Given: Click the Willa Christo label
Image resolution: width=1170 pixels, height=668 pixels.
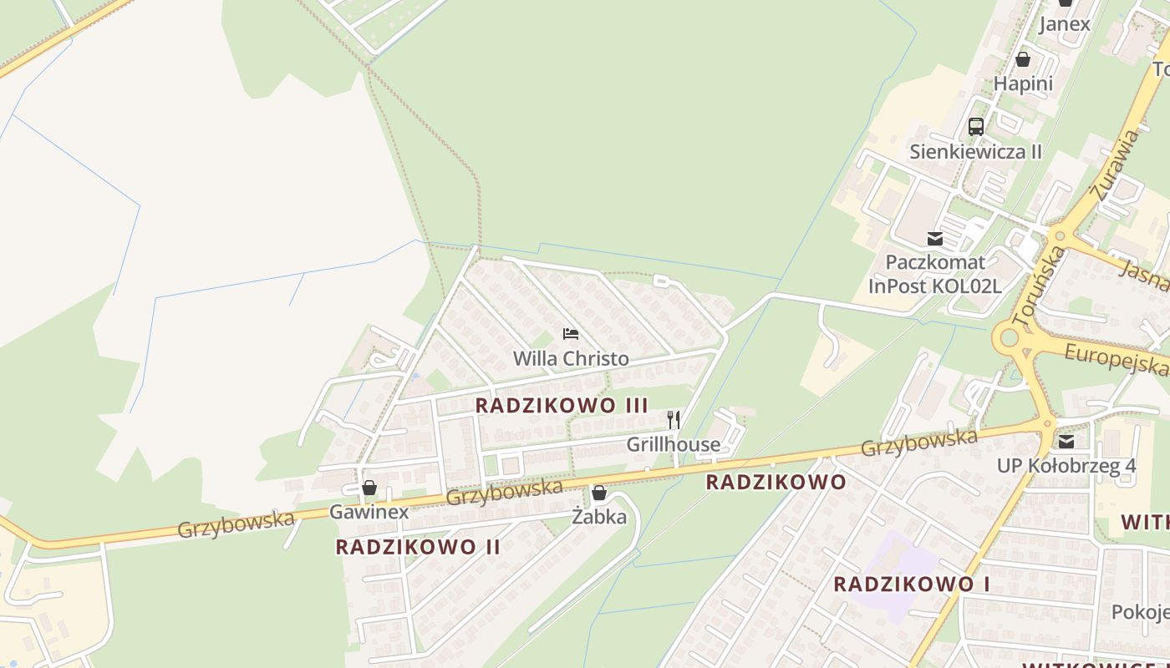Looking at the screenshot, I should point(571,358).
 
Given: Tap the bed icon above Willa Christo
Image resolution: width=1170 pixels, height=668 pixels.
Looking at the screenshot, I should point(571,334).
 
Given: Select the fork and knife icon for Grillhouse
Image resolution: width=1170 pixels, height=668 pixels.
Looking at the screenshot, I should point(674,419).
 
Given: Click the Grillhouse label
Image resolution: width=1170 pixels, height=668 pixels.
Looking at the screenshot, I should point(673,444).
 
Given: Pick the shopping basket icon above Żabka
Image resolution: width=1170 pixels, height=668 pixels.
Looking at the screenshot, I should point(598,493).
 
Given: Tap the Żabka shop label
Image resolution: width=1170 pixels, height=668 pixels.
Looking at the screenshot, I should point(599,517).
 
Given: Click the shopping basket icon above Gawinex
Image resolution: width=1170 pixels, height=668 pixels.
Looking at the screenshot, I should point(369,488).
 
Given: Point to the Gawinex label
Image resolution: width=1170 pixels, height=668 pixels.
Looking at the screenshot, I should point(369,512).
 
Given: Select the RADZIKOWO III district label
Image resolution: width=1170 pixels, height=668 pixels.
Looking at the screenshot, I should point(562,405).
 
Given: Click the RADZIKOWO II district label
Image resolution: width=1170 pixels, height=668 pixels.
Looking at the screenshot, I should point(418,547).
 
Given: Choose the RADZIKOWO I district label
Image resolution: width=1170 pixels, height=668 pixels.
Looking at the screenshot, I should point(912,584).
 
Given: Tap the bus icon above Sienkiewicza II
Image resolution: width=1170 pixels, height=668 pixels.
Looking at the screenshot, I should point(976,127).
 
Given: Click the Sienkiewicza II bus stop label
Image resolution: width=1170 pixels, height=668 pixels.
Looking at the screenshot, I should point(976,152).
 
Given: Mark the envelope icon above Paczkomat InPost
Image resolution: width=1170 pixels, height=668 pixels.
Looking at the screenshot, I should point(934,239).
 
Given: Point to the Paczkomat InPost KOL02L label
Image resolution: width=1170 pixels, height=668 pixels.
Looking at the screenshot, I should point(934,274).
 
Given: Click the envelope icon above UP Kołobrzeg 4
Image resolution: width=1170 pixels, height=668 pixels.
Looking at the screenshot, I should point(1066,441).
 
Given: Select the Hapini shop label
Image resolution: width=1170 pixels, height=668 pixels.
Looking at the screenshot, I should point(1023,83).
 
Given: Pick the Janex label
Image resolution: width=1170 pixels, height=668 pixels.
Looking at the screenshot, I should point(1065,23).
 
